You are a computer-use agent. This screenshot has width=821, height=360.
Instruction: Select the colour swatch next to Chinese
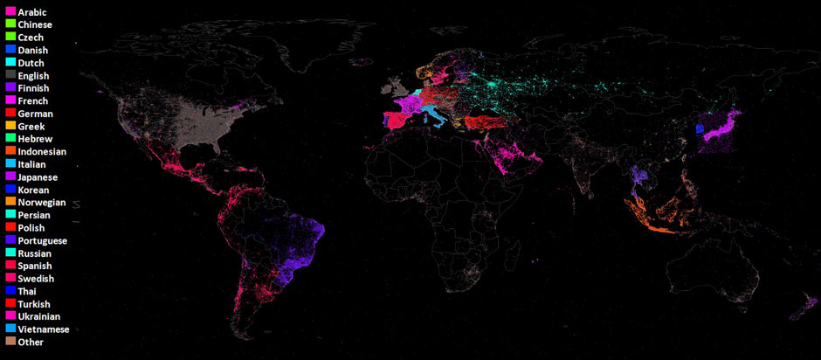pos(10,24)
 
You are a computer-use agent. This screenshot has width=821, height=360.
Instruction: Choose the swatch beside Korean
pos(10,190)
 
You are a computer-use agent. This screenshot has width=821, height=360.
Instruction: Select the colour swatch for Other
pos(10,342)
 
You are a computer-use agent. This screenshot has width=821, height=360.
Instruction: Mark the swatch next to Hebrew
pos(10,139)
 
